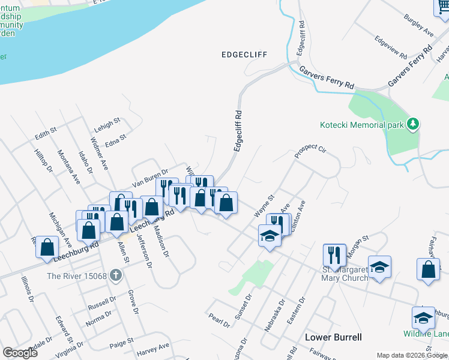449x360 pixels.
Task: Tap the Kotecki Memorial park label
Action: pos(361,125)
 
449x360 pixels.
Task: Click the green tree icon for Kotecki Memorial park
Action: pos(412,124)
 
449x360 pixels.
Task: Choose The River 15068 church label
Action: pos(77,276)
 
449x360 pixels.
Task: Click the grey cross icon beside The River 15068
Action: pos(116,276)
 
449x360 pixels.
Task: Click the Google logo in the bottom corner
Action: pos(20,352)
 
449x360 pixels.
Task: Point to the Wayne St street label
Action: pos(264,205)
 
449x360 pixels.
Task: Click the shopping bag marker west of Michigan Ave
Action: pos(47,247)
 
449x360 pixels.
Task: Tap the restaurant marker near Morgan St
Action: pos(334,254)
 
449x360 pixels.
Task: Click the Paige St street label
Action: pos(121,342)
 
